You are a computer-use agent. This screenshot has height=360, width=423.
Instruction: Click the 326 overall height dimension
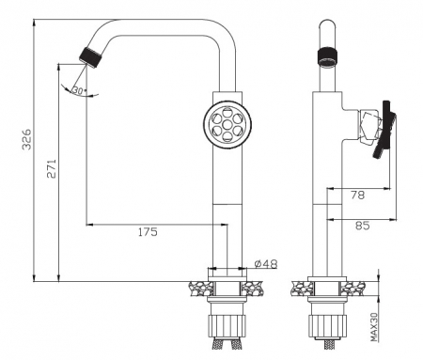click(x=27, y=139)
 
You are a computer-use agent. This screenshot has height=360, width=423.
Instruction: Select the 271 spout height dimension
click(x=52, y=168)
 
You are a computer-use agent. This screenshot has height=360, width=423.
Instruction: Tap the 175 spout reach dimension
click(x=148, y=232)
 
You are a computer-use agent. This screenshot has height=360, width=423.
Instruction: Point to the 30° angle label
click(x=79, y=91)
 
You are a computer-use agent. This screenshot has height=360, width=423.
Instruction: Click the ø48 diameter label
click(x=266, y=264)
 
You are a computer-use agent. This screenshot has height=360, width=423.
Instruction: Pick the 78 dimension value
click(x=357, y=196)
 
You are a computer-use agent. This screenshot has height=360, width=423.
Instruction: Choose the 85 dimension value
click(x=363, y=226)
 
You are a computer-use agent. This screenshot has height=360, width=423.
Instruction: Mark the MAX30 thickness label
click(x=374, y=327)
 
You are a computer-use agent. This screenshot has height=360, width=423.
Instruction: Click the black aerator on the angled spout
click(x=90, y=57)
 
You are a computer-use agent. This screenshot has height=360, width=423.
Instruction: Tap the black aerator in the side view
click(x=328, y=56)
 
